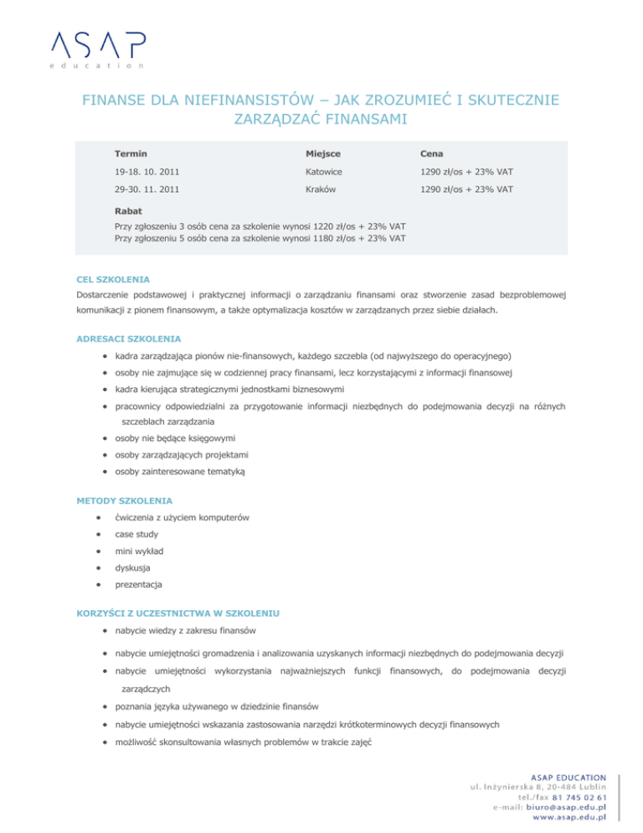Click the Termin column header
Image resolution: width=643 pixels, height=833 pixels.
coord(131,153)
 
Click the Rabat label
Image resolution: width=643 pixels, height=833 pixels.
coord(129,211)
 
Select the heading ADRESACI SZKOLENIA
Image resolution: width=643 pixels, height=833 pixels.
coord(127,339)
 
